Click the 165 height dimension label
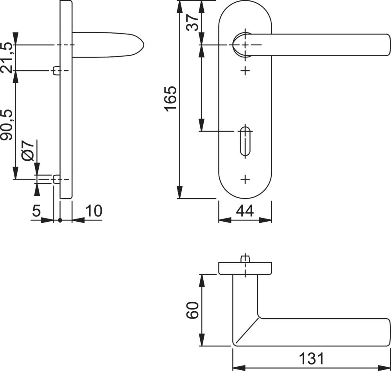170,99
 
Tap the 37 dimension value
192,22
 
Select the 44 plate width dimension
245,211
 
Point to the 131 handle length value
312,358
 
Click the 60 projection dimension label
192,310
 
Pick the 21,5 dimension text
6,57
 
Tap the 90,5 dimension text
6,124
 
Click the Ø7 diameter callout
27,151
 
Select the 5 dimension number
36,211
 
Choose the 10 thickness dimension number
94,211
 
